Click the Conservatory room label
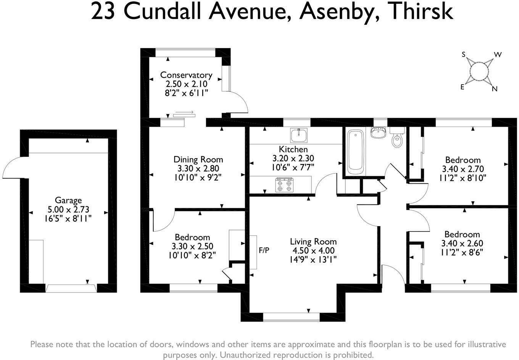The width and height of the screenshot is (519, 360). (x=186, y=75)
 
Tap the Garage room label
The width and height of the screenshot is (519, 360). (x=68, y=200)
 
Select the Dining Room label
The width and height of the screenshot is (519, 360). (x=198, y=159)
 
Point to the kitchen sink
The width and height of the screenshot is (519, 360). (x=299, y=135)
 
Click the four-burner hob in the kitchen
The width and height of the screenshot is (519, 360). (x=284, y=185)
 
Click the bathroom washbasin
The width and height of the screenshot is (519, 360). (x=378, y=133)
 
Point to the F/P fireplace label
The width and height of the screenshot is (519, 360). (x=264, y=250)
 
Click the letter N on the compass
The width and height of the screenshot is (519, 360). (x=495, y=89)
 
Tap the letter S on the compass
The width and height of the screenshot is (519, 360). (x=464, y=55)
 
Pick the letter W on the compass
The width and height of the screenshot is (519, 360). (x=498, y=55)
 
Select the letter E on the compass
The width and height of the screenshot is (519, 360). (x=462, y=87)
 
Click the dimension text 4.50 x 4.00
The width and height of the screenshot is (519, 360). (x=313, y=251)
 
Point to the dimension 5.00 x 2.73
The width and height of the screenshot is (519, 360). (x=68, y=209)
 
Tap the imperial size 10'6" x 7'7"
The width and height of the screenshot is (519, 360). (x=293, y=167)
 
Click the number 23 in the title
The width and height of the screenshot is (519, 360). (x=103, y=12)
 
